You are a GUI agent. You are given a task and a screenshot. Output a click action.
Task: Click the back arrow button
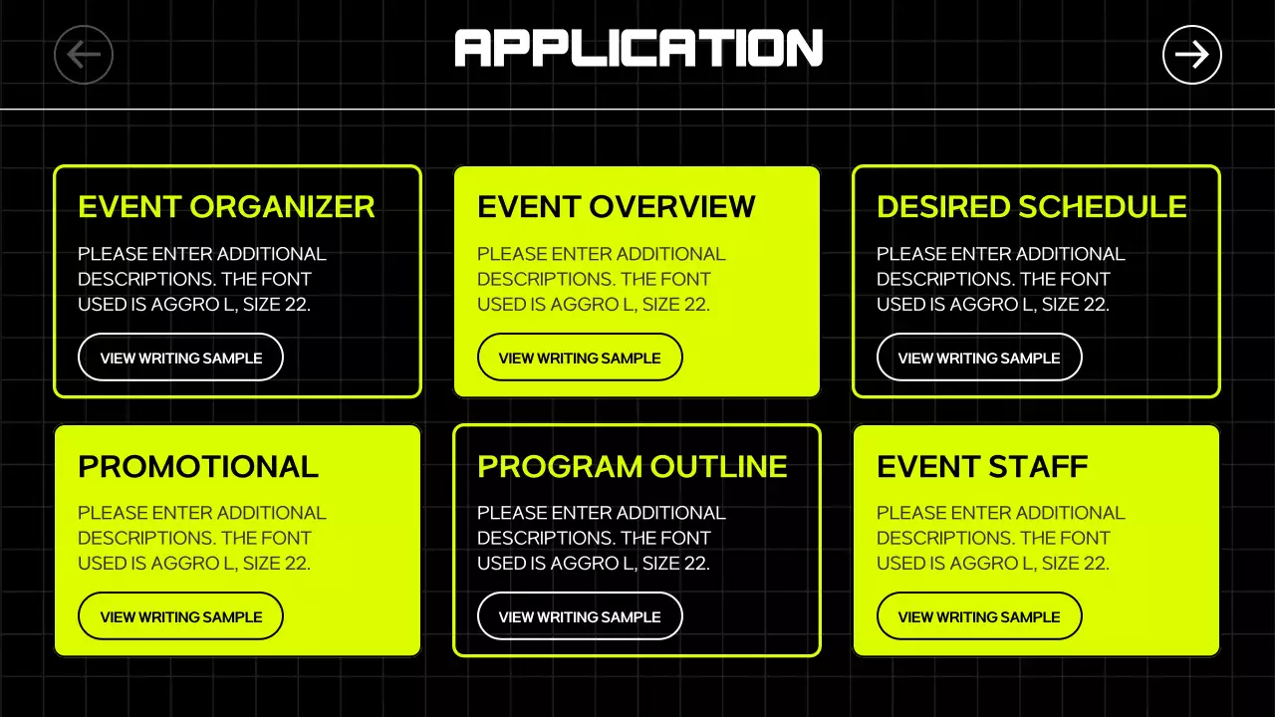point(84,55)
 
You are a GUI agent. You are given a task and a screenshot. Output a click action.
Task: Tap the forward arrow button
point(1191,55)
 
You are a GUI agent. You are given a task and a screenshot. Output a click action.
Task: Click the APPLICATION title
point(638,48)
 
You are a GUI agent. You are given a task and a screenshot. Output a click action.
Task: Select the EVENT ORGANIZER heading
point(226,207)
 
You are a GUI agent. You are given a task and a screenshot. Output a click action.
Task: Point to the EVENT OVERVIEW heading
point(616,207)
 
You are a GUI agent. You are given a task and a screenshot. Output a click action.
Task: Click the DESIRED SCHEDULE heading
point(1031,207)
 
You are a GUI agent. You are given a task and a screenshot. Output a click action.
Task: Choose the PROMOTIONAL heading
point(198,466)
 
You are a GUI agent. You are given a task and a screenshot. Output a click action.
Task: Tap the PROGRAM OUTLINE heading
point(632,466)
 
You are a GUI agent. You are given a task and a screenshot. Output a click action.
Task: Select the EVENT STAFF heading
point(981,466)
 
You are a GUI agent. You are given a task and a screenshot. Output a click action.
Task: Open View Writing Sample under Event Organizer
point(180,358)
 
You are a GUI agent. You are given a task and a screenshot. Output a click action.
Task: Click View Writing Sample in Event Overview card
point(580,358)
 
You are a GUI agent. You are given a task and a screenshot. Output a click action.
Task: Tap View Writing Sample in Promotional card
point(180,616)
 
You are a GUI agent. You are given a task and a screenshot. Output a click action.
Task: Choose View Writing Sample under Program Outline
point(580,616)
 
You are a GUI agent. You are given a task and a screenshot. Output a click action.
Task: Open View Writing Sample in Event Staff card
point(979,616)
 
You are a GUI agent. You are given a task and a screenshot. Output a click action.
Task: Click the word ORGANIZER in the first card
point(282,207)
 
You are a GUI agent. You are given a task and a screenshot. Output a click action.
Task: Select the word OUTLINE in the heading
point(718,466)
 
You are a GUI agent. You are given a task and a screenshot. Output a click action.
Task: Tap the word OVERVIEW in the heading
point(672,207)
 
